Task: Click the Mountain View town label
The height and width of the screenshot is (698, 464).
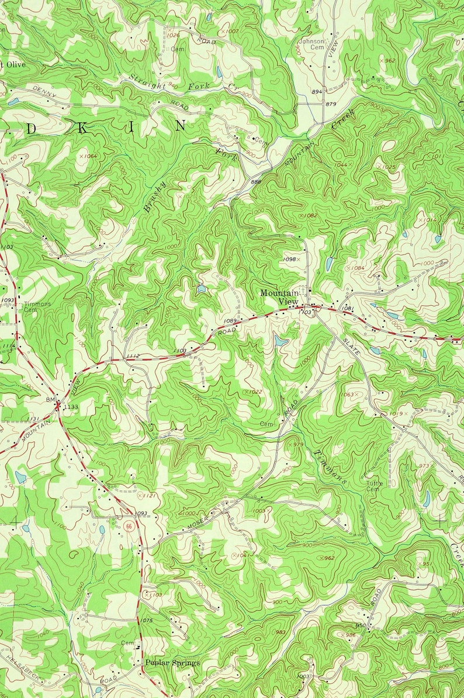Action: click(x=279, y=296)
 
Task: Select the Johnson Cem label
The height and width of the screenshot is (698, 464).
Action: click(x=311, y=44)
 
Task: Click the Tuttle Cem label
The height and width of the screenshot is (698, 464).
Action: click(x=373, y=486)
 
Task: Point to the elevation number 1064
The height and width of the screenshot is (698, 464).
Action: click(x=89, y=156)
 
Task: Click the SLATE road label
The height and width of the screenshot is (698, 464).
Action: click(x=352, y=340)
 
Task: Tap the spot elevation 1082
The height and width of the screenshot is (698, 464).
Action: click(x=310, y=216)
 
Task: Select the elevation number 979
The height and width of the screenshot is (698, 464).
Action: click(x=298, y=445)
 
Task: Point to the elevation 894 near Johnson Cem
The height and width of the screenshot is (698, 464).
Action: click(x=317, y=92)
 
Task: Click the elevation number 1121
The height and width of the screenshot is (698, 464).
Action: click(x=150, y=496)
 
